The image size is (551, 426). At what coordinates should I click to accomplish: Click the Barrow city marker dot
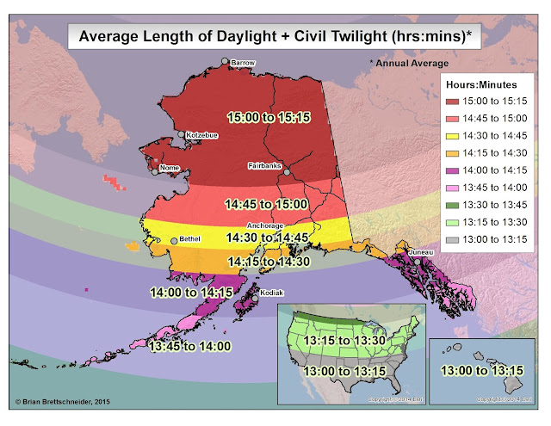(224, 61)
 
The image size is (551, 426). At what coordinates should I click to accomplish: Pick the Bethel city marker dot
(174, 241)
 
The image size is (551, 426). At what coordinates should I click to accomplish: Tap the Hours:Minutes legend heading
(479, 85)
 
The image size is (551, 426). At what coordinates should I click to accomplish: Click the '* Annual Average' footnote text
(410, 63)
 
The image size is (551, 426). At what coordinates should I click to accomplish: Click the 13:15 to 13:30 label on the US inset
(348, 340)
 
